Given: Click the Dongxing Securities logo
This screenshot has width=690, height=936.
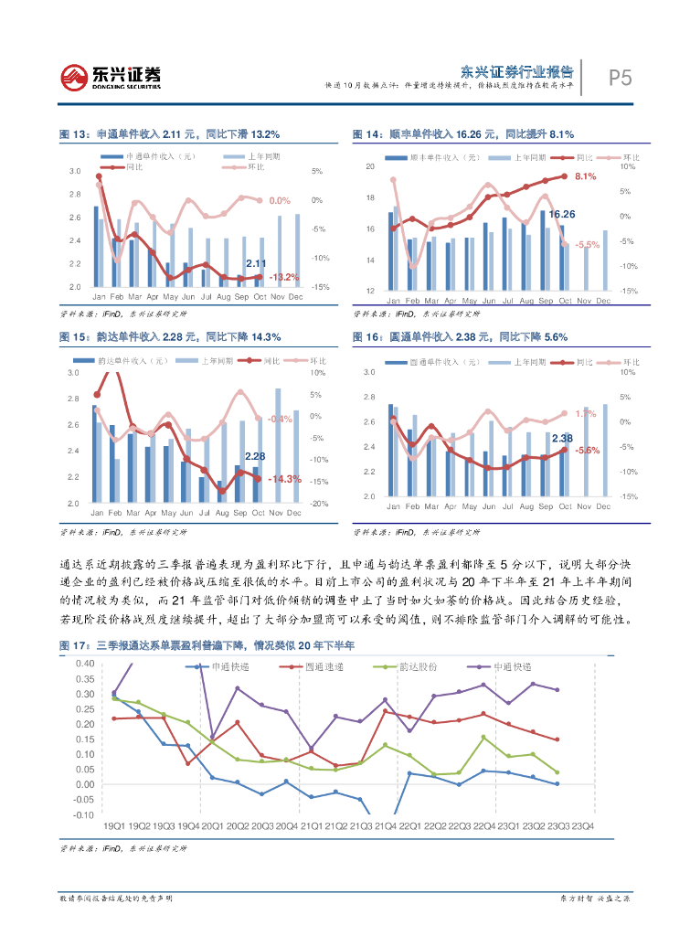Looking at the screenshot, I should [111, 75].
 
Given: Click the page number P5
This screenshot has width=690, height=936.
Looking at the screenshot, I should [620, 79].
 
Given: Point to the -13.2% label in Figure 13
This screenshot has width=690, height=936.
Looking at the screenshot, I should [284, 276].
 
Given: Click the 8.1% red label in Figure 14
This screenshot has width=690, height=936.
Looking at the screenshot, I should [585, 176].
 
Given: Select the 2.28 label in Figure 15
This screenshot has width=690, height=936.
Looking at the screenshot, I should [255, 456].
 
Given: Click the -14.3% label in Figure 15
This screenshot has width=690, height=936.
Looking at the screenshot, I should [284, 478].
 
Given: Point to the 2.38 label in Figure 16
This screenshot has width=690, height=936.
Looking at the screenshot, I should [562, 438].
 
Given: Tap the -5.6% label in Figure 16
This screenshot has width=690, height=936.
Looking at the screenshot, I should [587, 451].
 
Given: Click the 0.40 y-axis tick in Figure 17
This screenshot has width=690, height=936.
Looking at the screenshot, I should [84, 664].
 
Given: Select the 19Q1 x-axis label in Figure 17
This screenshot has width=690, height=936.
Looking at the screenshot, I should [113, 826].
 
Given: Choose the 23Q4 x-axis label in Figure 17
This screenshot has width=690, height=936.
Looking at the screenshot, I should [582, 826].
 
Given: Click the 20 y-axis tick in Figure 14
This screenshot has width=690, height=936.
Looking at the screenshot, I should [370, 166].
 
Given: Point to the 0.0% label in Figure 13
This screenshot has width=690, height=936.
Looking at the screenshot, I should [280, 200].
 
